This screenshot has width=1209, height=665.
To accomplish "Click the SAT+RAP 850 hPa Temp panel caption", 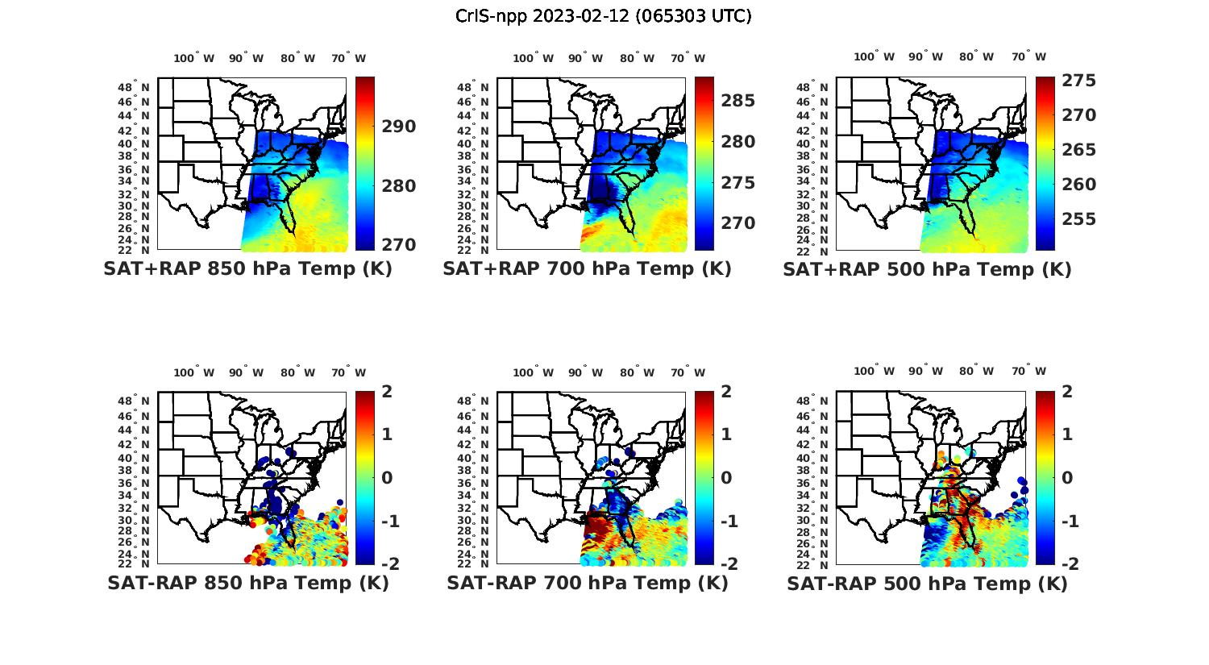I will tap(247, 269).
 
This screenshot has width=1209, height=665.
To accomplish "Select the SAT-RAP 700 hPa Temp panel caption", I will tap(587, 583).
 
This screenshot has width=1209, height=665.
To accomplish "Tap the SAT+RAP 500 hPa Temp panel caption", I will tap(927, 269).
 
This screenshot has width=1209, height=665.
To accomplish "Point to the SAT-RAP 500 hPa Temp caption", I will tap(927, 583).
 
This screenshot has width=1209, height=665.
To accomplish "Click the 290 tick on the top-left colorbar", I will tap(400, 127).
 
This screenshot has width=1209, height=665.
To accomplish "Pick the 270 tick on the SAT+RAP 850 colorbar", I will tap(400, 244).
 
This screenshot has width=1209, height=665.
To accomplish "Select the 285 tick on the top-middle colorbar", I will tap(738, 101).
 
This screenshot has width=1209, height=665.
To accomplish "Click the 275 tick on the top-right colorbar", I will tap(1078, 81).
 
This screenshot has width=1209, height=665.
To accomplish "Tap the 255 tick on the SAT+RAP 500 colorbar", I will tap(1078, 219).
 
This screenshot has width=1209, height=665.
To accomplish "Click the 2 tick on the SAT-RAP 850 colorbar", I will tap(387, 392).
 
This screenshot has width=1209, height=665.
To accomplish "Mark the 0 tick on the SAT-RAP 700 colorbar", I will tap(726, 478).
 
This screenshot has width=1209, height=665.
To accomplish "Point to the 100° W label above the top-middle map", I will tap(533, 58).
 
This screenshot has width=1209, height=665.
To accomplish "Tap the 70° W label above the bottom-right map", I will tap(1029, 372).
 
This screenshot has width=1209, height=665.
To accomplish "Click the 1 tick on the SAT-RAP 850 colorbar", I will tap(387, 434).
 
